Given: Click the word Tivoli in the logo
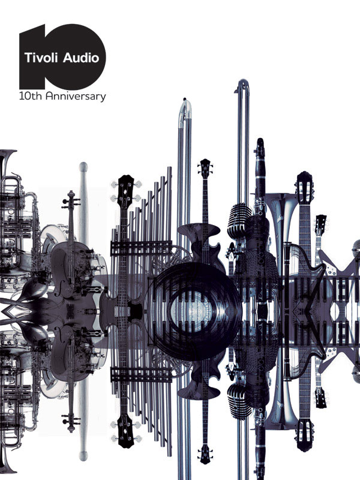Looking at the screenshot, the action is pos(41,58).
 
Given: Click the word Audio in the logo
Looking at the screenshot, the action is pos(81,58).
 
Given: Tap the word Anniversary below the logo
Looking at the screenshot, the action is pos(76,97).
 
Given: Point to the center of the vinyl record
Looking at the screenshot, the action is pos(193,311).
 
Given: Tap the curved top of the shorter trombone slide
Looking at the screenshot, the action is pos(185,108).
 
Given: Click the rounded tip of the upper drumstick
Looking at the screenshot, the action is pos(83,167).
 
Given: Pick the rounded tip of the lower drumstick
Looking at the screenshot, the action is pos(83,456).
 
